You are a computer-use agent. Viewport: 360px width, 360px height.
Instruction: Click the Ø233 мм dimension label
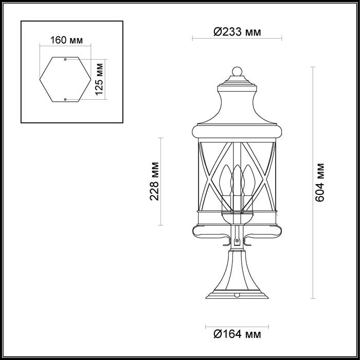tap(237, 32)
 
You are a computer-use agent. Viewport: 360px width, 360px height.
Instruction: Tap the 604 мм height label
tap(320, 182)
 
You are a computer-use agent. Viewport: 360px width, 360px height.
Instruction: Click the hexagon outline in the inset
tap(43, 80)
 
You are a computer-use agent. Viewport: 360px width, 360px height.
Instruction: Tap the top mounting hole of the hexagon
tap(65, 59)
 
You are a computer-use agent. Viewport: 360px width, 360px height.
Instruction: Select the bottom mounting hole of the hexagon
tap(65, 99)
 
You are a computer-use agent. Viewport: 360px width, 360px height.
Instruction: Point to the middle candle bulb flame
tap(237, 172)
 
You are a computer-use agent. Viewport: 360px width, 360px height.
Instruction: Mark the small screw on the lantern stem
tap(237, 241)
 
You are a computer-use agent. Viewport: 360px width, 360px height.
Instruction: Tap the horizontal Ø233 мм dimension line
tap(206, 39)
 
